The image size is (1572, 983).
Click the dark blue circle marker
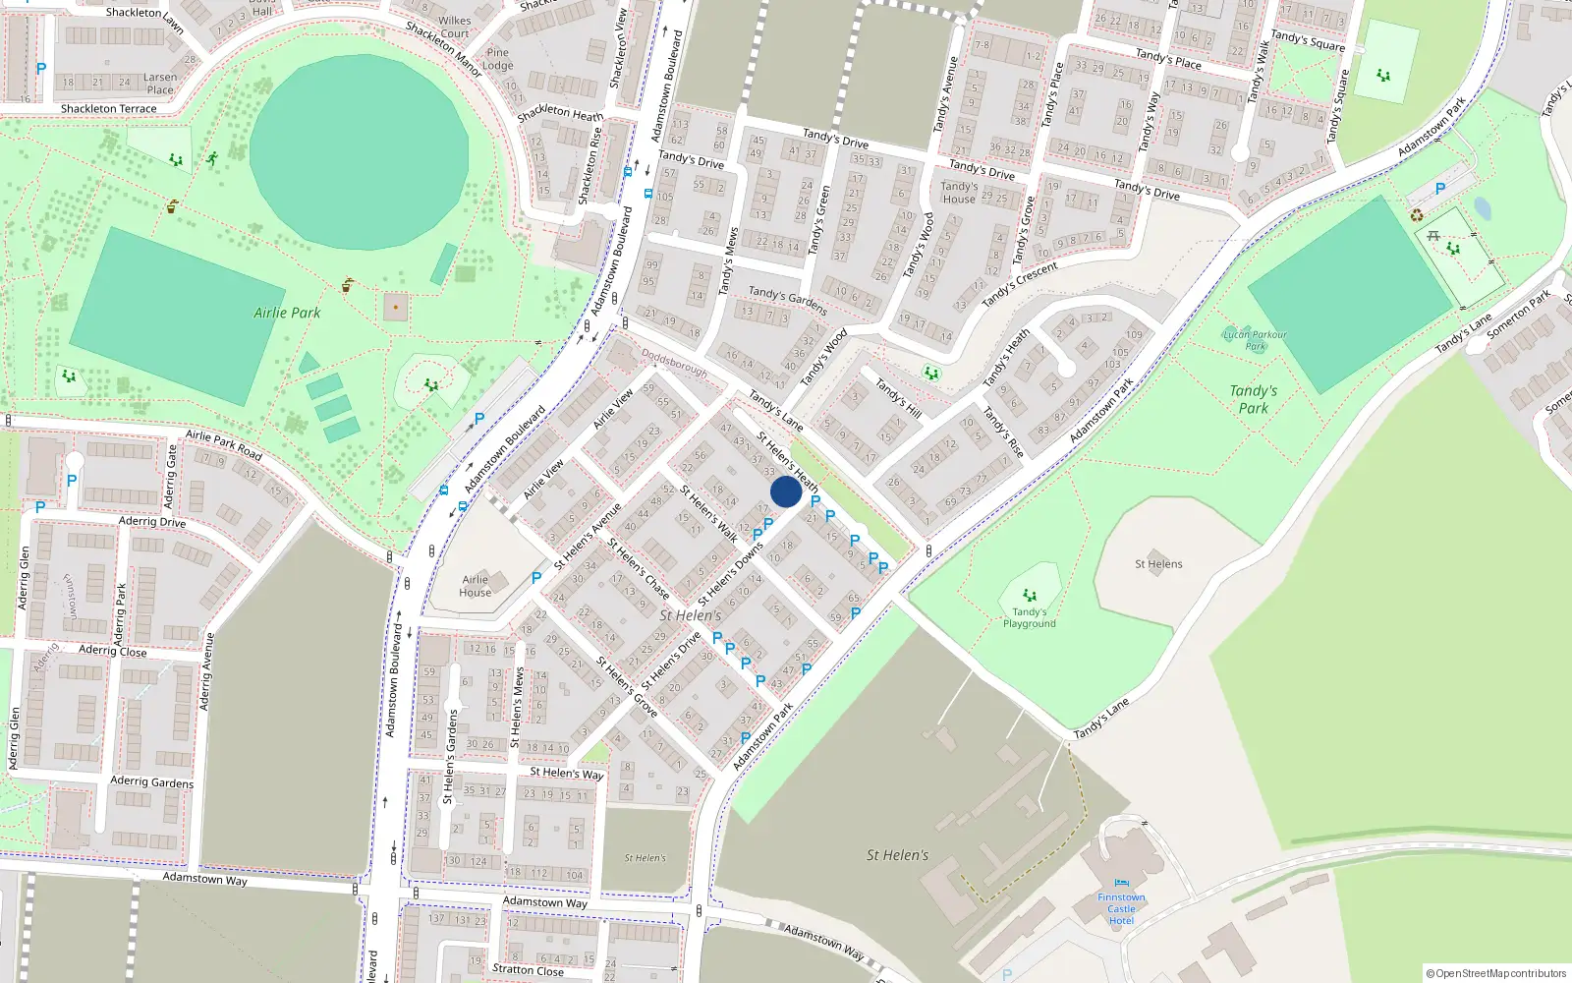(786, 491)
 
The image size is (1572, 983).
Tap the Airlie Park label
(287, 313)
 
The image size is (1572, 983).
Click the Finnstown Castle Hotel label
(1121, 908)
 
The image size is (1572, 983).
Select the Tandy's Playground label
(1029, 617)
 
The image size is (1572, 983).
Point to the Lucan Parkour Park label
(1255, 340)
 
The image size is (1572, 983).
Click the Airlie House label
(475, 586)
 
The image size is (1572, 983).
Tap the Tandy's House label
(959, 192)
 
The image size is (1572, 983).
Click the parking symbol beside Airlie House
(536, 578)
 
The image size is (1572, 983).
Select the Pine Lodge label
(498, 59)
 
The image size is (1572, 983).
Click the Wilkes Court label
(455, 27)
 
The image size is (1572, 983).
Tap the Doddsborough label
(674, 363)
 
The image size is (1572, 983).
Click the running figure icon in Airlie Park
(212, 158)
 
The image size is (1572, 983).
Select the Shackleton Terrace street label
(108, 108)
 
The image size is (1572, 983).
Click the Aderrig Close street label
(112, 651)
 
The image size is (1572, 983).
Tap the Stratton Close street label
(528, 969)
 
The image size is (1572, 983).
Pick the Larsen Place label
(160, 84)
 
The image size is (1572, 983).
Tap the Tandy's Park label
(1254, 399)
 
